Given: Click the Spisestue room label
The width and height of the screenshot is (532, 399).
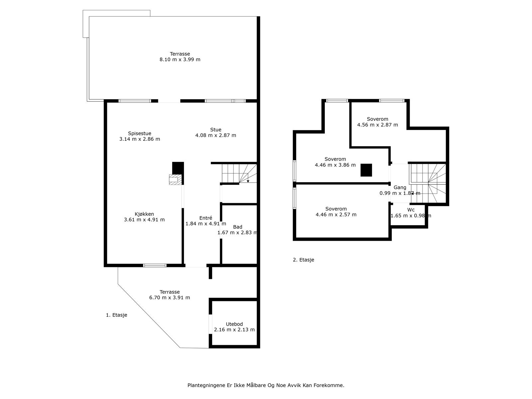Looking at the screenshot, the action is pos(140,133).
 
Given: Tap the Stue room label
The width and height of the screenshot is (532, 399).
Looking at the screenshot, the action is pos(215,130).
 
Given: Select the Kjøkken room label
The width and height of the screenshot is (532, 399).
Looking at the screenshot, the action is pos(144,214).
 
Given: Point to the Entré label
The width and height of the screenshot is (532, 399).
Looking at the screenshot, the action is pos(205,218).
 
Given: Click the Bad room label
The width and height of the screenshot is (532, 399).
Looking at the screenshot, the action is pos(237,227).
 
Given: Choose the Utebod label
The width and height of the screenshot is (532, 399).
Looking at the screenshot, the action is pos(234,324).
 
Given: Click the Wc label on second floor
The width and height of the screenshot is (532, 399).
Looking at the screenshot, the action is pos(411,210).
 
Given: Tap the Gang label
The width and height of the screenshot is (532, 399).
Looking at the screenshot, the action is pos(400,187).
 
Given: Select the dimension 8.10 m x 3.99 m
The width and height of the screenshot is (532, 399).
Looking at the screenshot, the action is pos(180,60).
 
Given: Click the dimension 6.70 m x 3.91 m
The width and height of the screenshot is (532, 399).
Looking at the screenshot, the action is pos(170,298).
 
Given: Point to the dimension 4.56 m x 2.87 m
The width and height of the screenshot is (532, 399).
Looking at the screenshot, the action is pos(377,125).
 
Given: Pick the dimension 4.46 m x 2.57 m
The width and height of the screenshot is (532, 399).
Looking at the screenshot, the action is pos(336,214).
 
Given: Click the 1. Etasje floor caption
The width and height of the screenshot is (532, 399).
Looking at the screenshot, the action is pos(116,315).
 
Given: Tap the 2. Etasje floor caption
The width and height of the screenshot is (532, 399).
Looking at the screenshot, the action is pos(304,260).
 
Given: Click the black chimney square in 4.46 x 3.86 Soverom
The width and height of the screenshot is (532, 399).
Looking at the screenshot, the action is pos(366,170).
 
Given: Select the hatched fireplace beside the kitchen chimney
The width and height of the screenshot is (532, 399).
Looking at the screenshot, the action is pos(175,180).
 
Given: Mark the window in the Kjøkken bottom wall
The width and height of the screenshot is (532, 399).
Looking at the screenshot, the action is pos(155,266).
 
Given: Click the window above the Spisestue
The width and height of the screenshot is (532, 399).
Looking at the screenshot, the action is pos(135,101).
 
